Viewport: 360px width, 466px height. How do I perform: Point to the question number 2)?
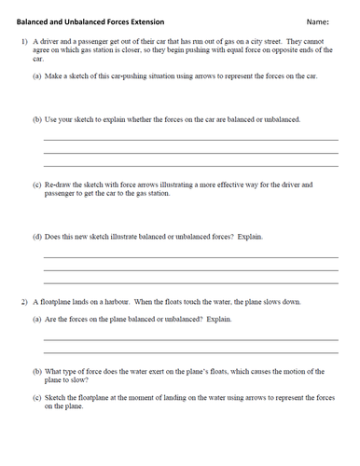point(26,303)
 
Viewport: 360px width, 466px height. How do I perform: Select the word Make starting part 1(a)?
point(57,78)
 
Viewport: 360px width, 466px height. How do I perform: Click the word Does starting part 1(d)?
point(56,236)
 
